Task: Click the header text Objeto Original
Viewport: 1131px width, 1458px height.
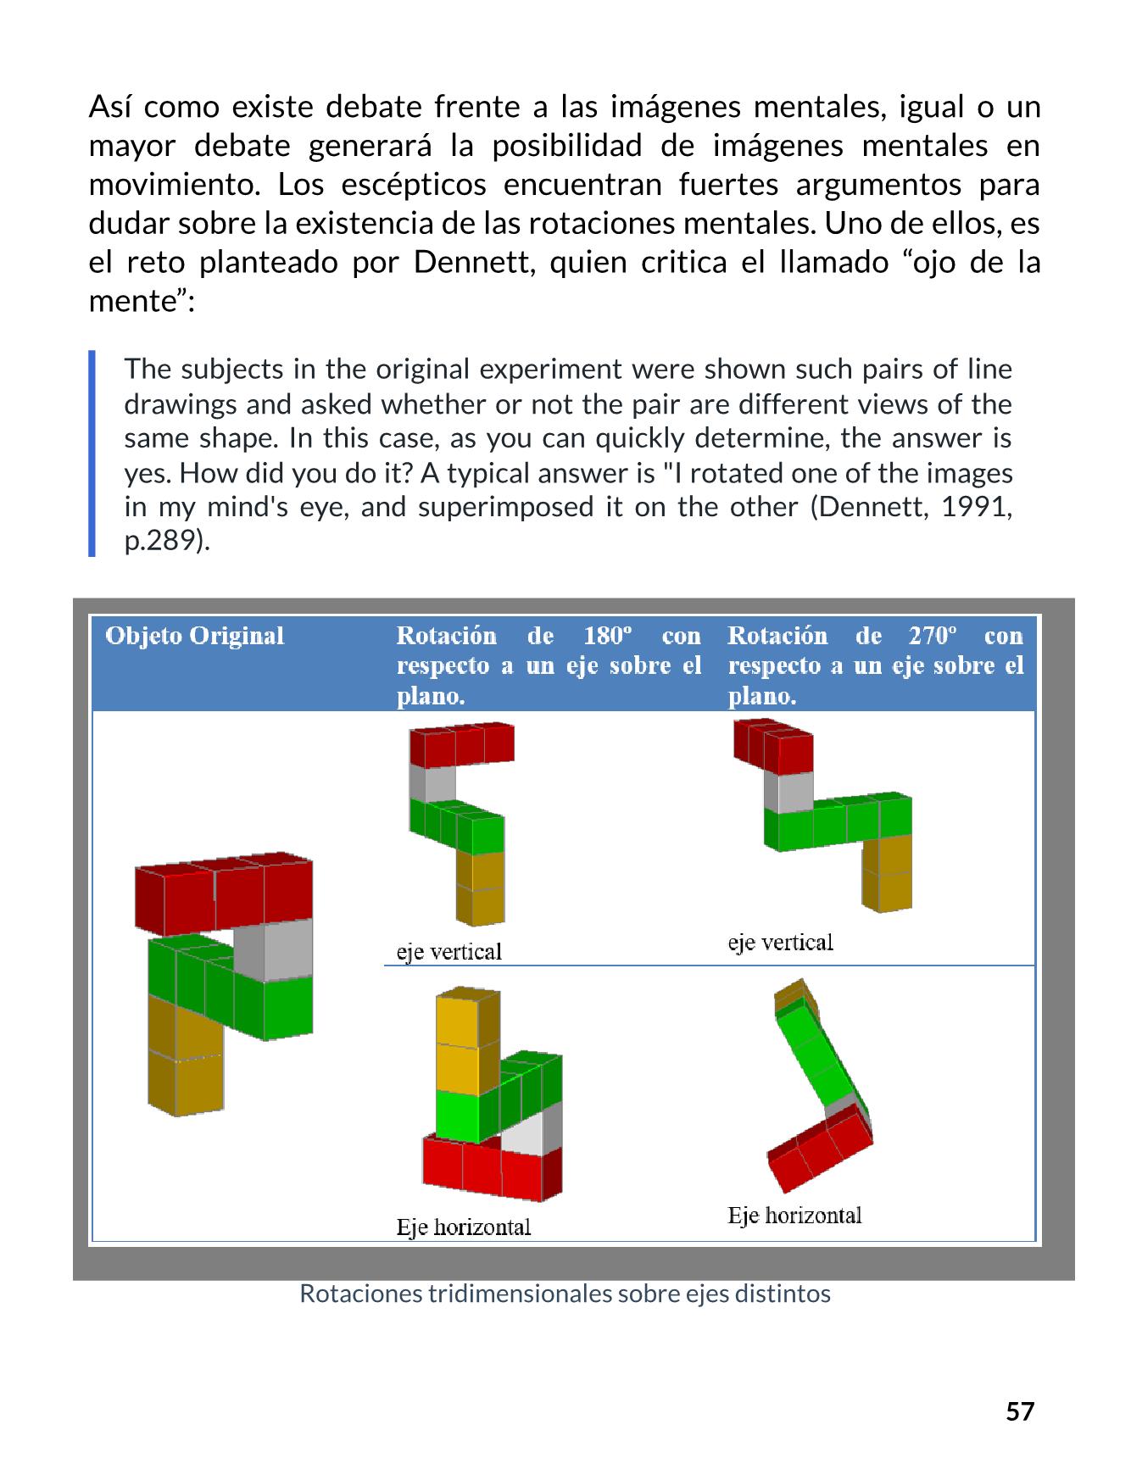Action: coord(194,636)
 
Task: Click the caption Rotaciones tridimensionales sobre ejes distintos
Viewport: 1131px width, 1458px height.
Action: coord(565,1294)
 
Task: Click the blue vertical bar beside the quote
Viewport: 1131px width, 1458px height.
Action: coord(92,454)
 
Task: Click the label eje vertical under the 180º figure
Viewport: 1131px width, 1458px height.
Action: coord(449,952)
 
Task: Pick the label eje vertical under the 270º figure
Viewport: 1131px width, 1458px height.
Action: coord(780,943)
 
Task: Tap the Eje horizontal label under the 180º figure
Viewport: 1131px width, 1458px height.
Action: coord(463,1227)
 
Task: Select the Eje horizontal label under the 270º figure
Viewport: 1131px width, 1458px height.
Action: coord(794,1216)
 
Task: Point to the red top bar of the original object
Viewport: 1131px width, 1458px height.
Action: coord(225,894)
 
